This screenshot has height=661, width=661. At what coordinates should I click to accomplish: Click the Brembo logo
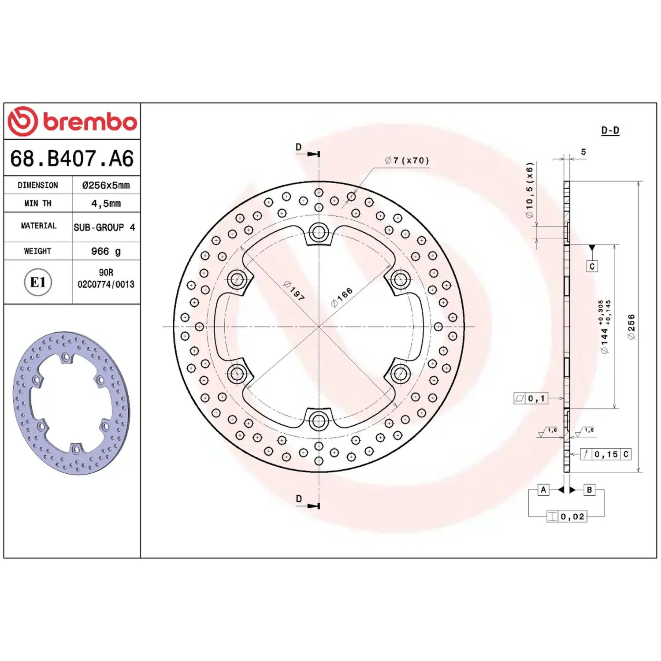(x=73, y=121)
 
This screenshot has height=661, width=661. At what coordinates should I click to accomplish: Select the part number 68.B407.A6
(x=72, y=159)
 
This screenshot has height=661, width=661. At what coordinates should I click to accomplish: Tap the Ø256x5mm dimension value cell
(x=106, y=185)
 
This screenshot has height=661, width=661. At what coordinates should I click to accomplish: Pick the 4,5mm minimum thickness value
(x=106, y=204)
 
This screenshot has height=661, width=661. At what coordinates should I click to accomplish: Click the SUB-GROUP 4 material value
(x=104, y=227)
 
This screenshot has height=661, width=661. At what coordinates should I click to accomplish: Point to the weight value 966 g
(x=106, y=251)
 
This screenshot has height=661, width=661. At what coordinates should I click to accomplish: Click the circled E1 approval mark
(x=38, y=282)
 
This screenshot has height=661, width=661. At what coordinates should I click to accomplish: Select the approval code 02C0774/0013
(x=106, y=284)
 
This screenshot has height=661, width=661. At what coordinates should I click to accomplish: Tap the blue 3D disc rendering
(x=71, y=403)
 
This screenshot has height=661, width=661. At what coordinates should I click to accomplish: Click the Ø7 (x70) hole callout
(x=407, y=160)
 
